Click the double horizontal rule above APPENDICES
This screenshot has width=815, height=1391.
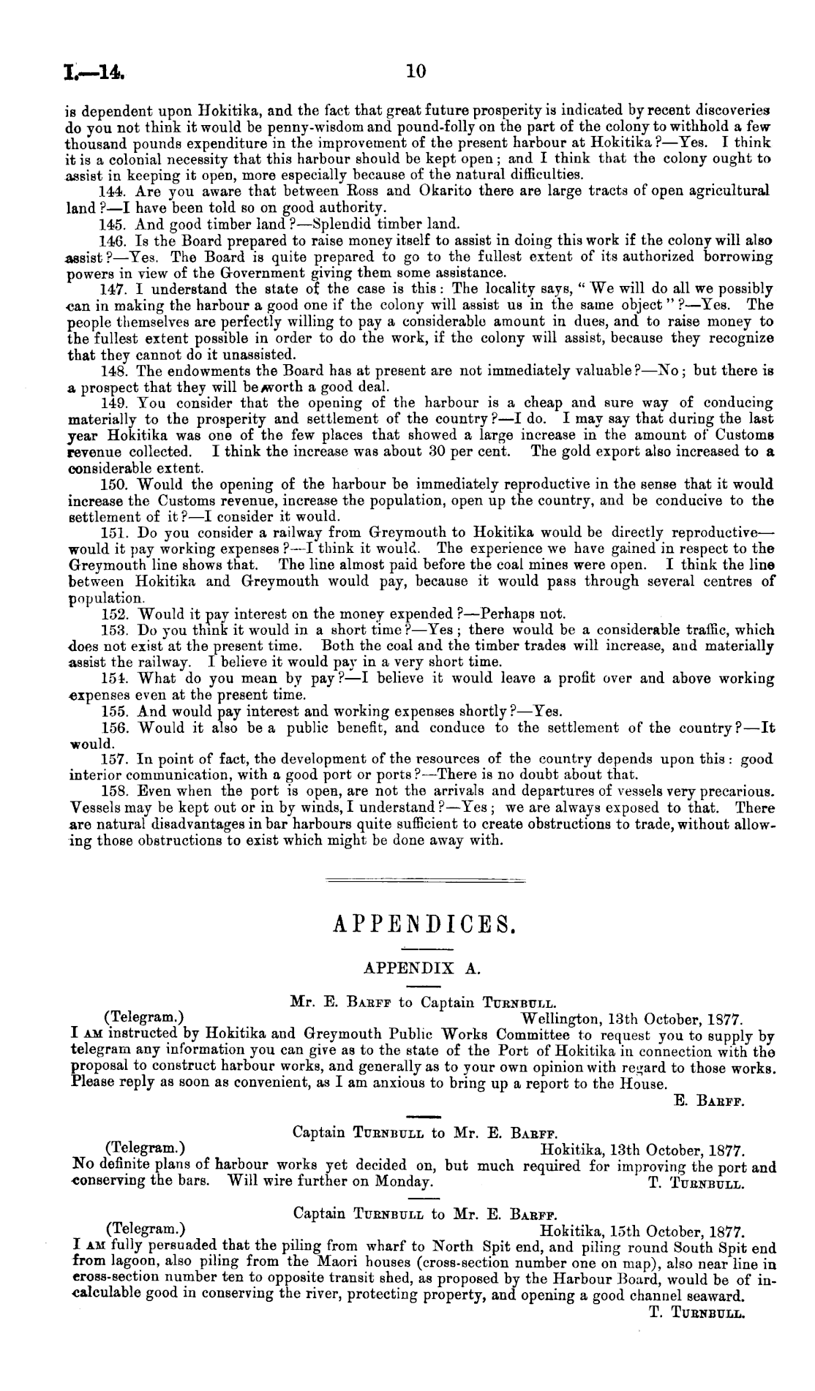(x=425, y=880)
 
